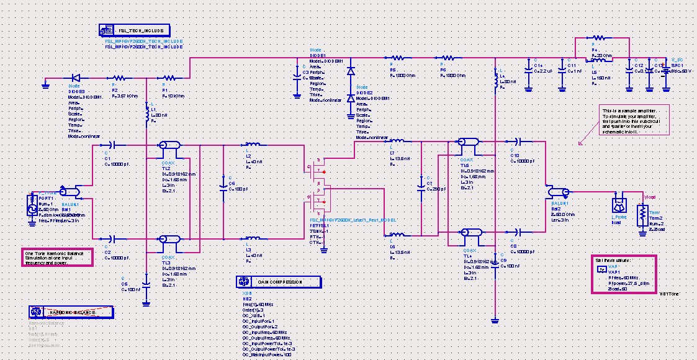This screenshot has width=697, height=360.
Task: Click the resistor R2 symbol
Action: tap(119, 79)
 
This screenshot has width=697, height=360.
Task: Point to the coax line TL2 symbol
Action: tap(169, 145)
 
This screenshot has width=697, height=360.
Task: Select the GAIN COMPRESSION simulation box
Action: tap(279, 282)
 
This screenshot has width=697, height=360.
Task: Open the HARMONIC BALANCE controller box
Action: tap(71, 312)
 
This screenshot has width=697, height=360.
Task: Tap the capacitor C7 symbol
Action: tap(422, 185)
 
